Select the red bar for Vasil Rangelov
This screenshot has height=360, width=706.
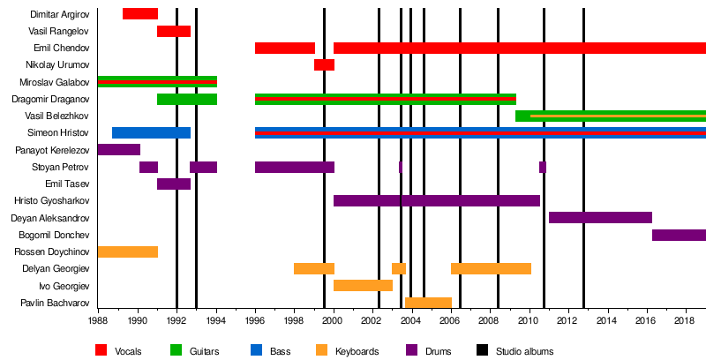174,31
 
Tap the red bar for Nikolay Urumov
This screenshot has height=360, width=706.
324,64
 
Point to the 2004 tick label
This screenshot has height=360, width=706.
410,321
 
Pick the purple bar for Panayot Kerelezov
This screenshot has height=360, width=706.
119,150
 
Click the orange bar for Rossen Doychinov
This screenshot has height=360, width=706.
128,251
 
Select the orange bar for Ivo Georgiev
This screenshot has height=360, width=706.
363,285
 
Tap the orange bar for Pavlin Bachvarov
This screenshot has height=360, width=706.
428,303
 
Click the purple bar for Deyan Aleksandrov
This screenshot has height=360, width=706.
600,217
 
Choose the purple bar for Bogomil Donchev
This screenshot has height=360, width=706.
679,235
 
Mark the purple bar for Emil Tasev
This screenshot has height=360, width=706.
174,184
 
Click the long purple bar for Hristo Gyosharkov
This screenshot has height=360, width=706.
437,200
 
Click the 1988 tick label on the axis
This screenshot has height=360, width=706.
98,321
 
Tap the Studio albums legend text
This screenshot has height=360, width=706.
525,351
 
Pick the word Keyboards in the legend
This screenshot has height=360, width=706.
357,351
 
